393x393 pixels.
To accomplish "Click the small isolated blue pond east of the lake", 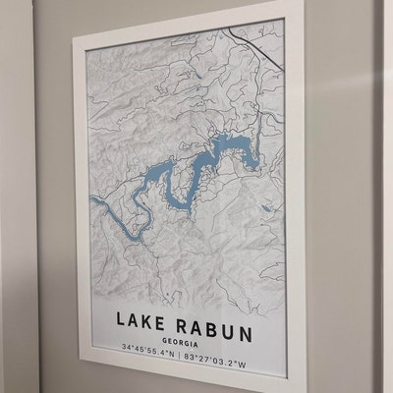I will pyautogui.click(x=266, y=208).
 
